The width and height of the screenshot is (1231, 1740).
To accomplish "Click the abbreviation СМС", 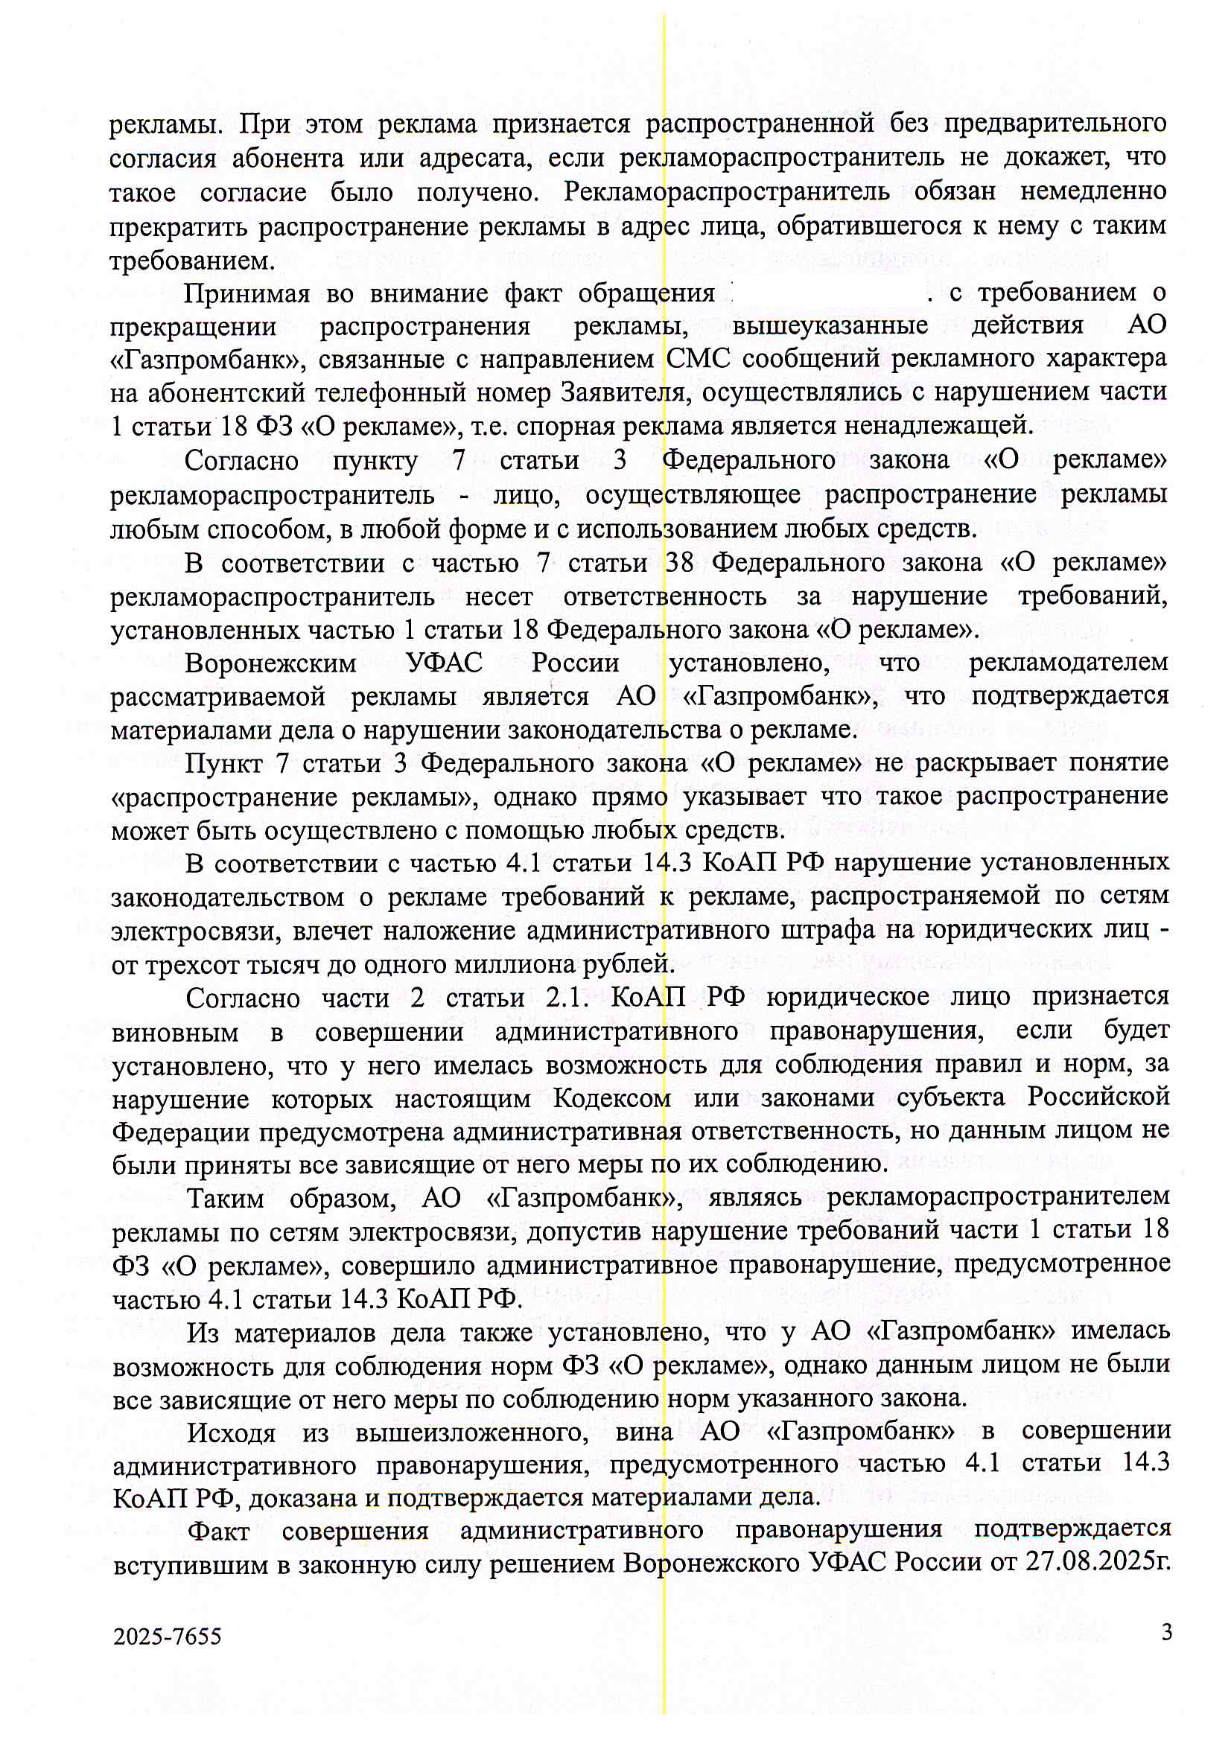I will click(x=698, y=358).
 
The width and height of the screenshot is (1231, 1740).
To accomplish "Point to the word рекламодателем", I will click(x=1068, y=663).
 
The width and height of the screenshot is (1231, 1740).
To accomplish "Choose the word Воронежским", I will click(x=270, y=664).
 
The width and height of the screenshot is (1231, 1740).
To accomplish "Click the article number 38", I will click(x=680, y=562).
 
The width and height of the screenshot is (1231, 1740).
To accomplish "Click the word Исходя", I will click(x=231, y=1432).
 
